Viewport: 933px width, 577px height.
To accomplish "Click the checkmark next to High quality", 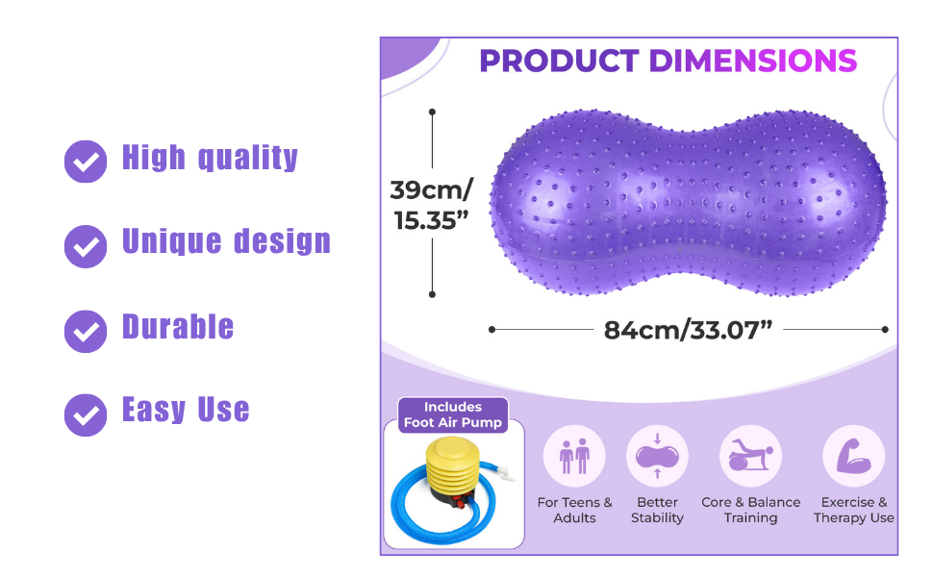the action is [86, 162].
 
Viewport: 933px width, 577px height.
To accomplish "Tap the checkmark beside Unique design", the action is [86, 246].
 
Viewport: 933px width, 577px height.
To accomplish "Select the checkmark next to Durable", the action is [86, 332].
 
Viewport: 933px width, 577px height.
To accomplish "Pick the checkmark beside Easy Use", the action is [86, 415].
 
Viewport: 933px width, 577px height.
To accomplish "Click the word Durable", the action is [178, 327].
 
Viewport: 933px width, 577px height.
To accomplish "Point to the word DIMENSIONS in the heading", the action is [753, 62].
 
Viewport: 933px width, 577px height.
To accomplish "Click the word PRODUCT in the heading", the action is [559, 62].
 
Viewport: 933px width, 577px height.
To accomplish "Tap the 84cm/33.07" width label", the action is [688, 330].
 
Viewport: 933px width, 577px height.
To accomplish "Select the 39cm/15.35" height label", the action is [432, 205].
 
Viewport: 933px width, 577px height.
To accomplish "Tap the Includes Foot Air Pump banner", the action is [453, 414].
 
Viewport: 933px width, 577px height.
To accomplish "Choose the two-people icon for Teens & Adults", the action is [574, 456].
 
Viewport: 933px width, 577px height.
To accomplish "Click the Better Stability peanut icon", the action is [657, 456].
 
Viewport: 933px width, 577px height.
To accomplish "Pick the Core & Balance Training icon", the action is [750, 456].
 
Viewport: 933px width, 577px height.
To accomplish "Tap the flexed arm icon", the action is [854, 456].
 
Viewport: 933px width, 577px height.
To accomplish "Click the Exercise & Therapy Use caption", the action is [854, 510].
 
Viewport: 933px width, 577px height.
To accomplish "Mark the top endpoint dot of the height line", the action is [432, 112].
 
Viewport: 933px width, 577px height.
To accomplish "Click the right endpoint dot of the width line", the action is [885, 330].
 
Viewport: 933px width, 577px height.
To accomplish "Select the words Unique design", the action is [226, 242].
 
